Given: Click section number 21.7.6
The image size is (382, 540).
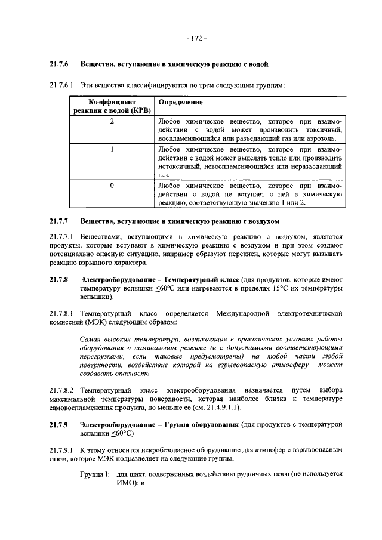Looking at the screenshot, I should coord(59,64).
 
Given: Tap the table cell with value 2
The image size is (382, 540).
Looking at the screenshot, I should coord(111,121).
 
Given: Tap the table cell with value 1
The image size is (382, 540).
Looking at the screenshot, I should coord(111,150).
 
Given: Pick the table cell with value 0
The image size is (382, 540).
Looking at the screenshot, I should coord(111,186).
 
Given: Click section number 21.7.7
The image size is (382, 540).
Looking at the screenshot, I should coord(59,221).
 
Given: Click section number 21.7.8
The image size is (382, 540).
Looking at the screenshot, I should coord(59,279).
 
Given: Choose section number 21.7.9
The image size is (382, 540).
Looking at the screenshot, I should coord(59,424).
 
